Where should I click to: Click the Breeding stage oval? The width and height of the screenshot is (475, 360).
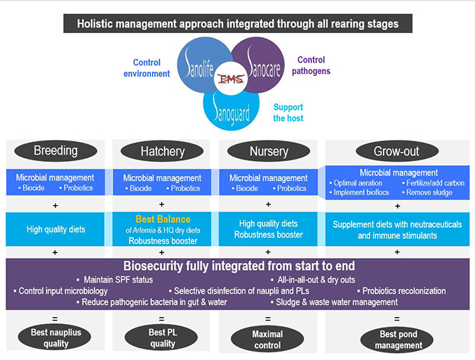[56, 150]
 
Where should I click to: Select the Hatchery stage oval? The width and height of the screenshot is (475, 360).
[162, 151]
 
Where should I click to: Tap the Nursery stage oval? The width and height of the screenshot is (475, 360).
[268, 151]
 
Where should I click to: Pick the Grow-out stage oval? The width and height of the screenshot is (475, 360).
[398, 151]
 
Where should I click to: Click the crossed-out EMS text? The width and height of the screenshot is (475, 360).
[231, 79]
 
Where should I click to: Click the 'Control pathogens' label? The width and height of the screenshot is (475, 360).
[313, 65]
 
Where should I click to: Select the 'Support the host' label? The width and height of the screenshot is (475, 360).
[288, 112]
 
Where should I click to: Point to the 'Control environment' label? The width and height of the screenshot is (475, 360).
[151, 68]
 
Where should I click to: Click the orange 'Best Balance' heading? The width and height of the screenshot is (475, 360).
[163, 220]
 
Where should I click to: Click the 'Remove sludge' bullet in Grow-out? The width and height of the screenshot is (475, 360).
[429, 192]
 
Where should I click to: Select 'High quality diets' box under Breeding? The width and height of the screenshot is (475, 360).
[56, 229]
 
